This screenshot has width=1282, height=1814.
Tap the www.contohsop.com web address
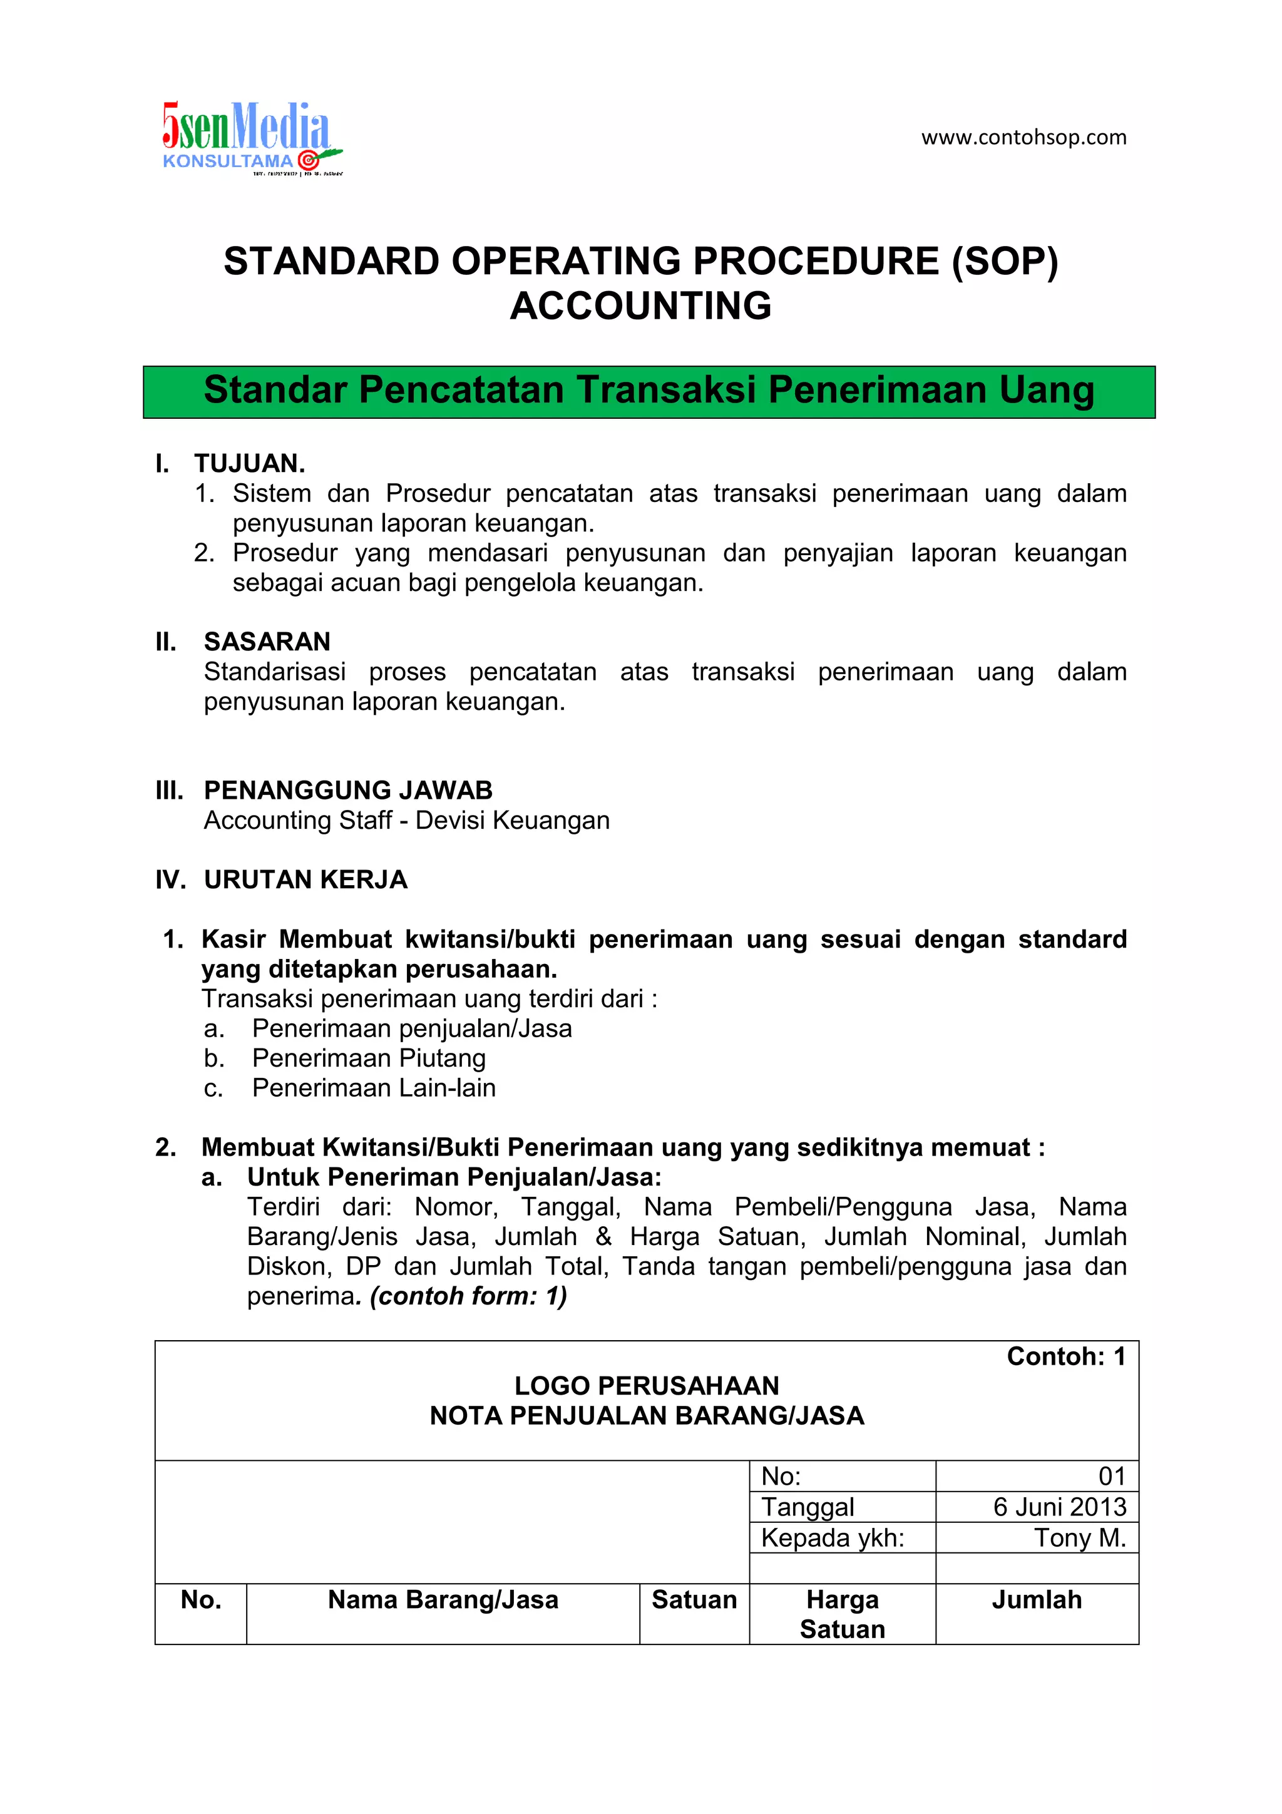click(x=1023, y=138)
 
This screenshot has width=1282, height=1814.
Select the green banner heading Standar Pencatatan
click(x=649, y=391)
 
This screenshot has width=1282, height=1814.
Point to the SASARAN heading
click(x=267, y=641)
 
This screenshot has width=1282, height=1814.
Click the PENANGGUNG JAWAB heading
click(x=347, y=790)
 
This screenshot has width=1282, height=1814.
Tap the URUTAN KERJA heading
click(x=305, y=879)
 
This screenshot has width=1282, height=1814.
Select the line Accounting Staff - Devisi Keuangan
click(x=406, y=820)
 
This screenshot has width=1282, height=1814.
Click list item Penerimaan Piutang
click(x=368, y=1058)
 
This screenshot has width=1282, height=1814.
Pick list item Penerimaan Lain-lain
click(x=373, y=1088)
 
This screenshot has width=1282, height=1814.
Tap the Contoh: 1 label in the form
click(x=1065, y=1356)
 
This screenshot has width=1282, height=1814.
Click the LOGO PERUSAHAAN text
click(x=646, y=1386)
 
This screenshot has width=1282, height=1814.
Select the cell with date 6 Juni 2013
click(x=1059, y=1507)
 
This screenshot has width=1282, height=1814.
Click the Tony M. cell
click(x=1079, y=1537)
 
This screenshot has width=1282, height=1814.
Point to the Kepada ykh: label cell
click(x=833, y=1537)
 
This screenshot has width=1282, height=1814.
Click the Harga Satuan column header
click(x=842, y=1614)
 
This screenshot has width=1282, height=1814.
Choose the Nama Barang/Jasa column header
click(x=443, y=1600)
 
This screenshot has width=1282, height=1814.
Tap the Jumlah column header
click(x=1037, y=1600)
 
